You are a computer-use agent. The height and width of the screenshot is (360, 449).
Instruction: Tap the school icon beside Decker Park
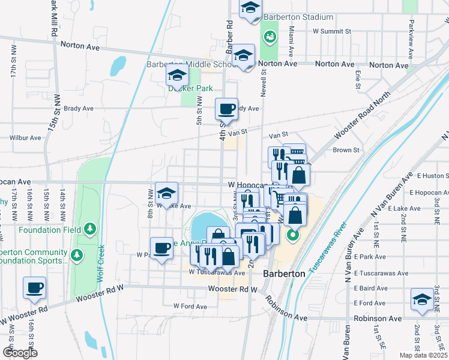(x=178, y=76)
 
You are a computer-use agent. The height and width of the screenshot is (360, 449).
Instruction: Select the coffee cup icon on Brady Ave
(x=226, y=109)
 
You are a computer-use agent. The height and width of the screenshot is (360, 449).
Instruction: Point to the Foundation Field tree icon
(x=90, y=228)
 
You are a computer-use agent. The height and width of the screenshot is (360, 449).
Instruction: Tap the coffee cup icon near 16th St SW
(x=35, y=287)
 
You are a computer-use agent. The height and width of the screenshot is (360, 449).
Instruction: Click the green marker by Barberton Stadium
(x=270, y=37)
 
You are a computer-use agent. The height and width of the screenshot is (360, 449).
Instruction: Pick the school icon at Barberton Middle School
(x=244, y=56)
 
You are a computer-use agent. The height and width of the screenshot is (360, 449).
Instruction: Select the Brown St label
(x=346, y=150)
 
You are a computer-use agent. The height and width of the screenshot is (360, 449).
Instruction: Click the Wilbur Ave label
(x=25, y=137)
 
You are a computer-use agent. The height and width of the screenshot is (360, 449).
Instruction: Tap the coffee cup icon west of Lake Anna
(x=162, y=248)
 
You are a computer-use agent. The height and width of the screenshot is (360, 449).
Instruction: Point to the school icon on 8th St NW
(x=166, y=193)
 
